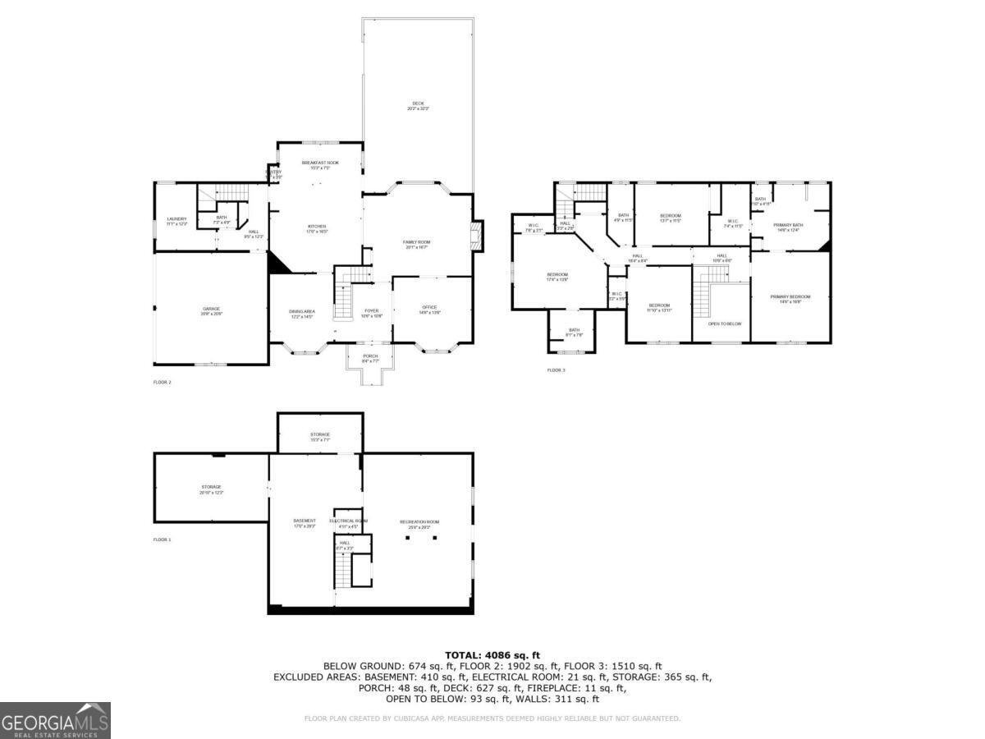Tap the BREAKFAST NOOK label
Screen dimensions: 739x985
pos(320,163)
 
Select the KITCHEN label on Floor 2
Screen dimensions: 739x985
pos(318,227)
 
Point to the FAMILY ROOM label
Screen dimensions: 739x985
pos(417,242)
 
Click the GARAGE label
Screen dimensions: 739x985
pos(212,310)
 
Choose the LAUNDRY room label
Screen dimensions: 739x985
pos(176,219)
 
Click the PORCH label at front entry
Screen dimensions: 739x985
pos(370,356)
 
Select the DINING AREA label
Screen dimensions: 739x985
pos(301,311)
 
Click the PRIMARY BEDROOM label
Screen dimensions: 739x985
pos(790,296)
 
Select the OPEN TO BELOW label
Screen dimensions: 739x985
pos(725,324)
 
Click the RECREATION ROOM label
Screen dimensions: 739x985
pos(419,522)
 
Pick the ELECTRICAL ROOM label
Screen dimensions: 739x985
pos(349,521)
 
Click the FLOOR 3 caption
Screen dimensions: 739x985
pos(557,370)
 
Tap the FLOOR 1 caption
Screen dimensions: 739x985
pos(163,539)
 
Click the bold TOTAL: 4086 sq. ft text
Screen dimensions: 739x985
pos(492,654)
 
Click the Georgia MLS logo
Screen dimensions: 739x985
pos(55,720)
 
